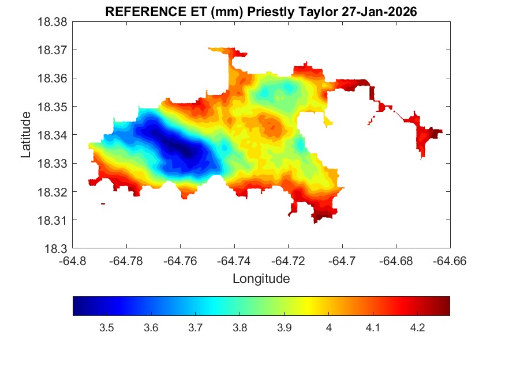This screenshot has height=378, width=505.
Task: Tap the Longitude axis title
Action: [261, 279]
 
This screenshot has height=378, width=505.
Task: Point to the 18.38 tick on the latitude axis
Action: [54, 22]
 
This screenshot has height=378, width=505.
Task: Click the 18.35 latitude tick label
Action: [54, 107]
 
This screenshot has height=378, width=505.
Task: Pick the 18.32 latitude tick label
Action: [54, 192]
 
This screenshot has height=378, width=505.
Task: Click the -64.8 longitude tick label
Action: [73, 261]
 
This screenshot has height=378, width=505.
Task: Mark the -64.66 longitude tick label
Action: [450, 261]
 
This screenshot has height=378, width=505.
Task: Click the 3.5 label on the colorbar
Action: [106, 328]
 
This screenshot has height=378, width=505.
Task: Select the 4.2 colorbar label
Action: [417, 328]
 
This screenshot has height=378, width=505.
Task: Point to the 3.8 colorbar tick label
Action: [240, 328]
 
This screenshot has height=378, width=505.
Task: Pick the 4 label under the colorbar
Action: [328, 328]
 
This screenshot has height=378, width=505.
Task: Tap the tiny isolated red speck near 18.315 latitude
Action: [103, 203]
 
